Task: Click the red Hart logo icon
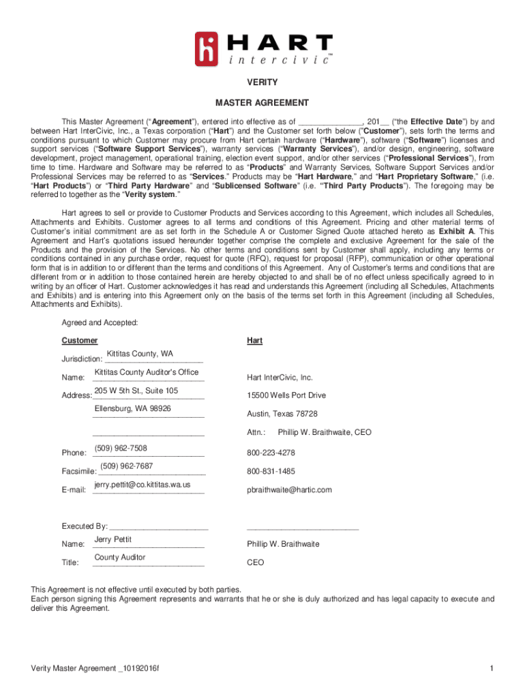[209, 49]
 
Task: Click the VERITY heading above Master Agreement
[262, 82]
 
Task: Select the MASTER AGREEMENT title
[262, 103]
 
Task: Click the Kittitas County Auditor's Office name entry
[147, 372]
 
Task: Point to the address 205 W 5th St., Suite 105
[136, 391]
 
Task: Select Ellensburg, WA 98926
[133, 408]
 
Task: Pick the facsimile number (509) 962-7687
[127, 466]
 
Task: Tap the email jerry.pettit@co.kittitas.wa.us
[142, 485]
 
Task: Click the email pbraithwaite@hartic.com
[289, 489]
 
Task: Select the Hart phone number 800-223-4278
[271, 453]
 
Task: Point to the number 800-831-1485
[271, 471]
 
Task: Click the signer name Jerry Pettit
[113, 539]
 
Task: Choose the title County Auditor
[120, 558]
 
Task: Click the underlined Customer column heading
[80, 340]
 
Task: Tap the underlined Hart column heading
[254, 340]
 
